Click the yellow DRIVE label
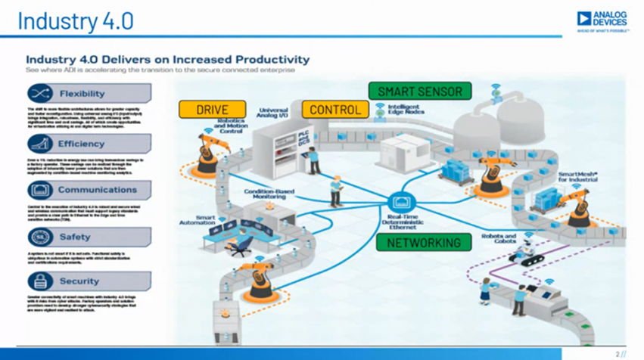click(x=212, y=110)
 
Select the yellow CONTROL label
click(x=335, y=110)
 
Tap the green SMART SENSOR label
click(x=419, y=92)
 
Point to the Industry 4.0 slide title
click(x=76, y=21)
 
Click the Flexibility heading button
click(x=88, y=94)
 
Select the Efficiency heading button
click(x=88, y=144)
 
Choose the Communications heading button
click(x=88, y=190)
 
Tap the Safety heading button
click(x=88, y=237)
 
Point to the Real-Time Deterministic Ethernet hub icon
click(x=400, y=203)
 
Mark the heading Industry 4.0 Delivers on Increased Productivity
click(x=167, y=58)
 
